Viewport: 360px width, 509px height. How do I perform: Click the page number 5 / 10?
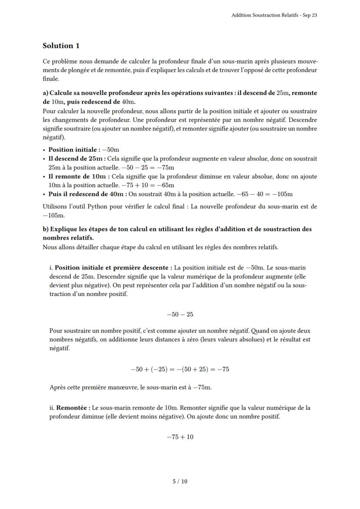point(180,481)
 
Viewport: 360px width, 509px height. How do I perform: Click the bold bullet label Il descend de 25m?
point(75,159)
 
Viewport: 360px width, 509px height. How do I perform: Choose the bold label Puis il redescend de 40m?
point(87,194)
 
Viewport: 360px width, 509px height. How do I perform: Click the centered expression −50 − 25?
point(180,314)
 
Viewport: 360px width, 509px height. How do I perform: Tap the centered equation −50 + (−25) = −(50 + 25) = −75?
point(180,369)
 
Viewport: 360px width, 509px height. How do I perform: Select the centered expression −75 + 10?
point(180,437)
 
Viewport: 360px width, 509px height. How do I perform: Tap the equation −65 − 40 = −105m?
point(264,194)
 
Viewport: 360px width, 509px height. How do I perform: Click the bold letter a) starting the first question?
point(46,93)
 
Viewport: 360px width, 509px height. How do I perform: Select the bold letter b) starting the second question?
point(46,229)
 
